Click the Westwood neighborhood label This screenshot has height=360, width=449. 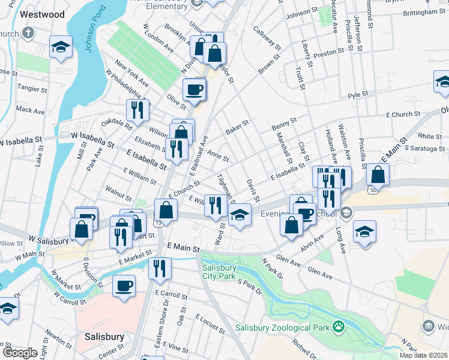click(41, 14)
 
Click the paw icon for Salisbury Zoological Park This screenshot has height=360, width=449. click(339, 327)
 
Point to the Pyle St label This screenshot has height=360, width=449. click(357, 94)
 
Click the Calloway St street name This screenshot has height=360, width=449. click(267, 37)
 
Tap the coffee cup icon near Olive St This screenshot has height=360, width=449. click(194, 90)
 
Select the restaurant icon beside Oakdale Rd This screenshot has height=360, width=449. click(137, 109)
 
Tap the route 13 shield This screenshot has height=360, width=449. click(158, 223)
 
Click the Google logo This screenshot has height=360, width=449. click(19, 353)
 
